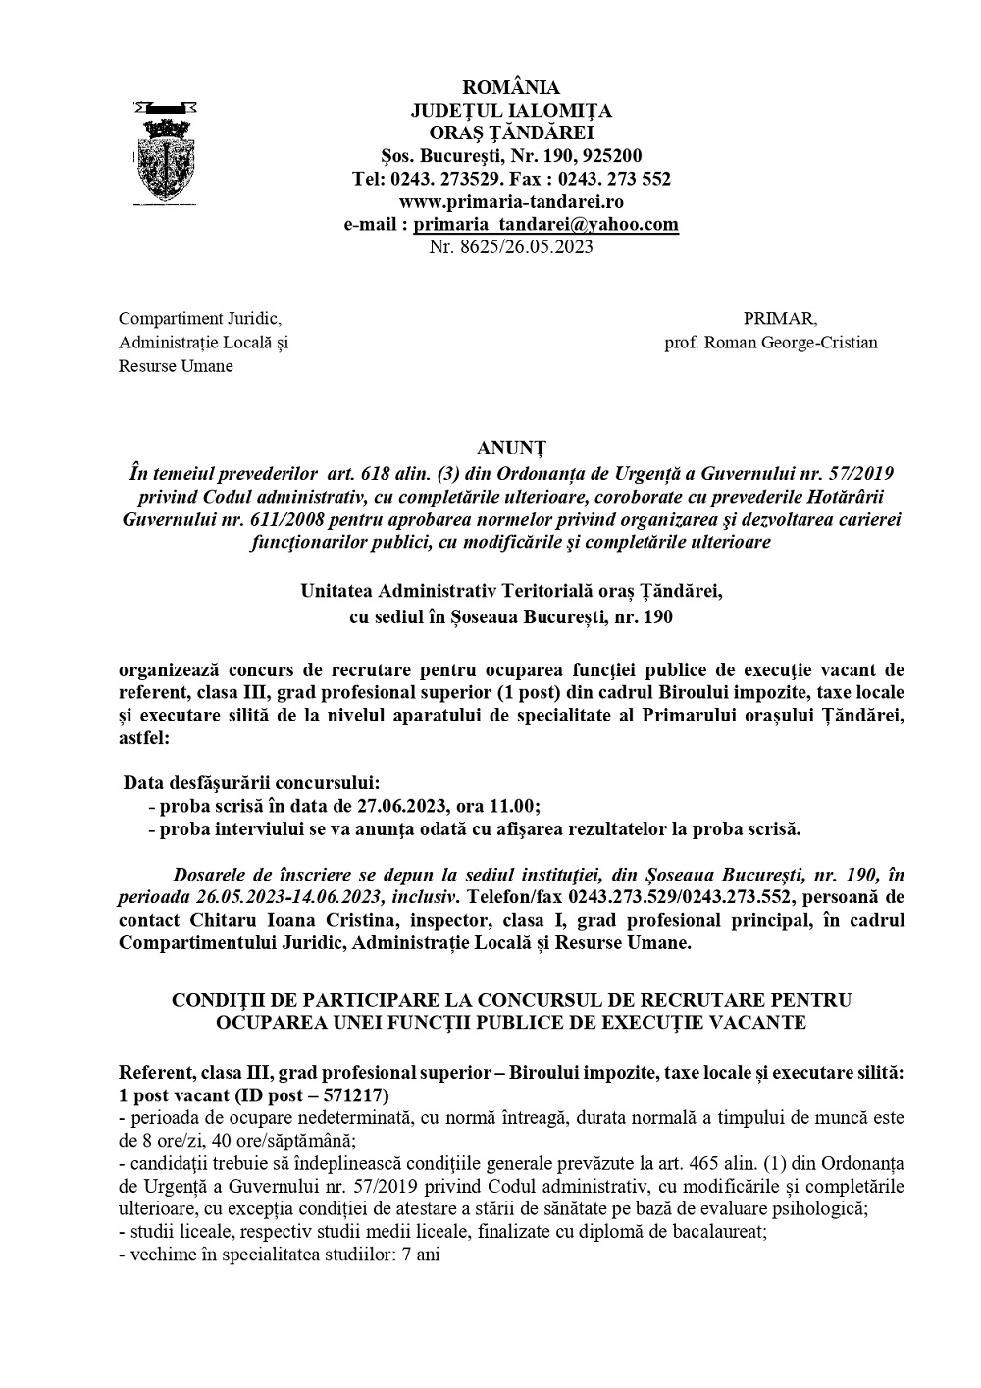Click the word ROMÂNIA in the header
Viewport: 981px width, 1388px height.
(x=510, y=88)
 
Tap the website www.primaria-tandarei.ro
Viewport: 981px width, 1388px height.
(x=511, y=201)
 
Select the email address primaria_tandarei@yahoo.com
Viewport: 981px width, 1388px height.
(x=545, y=224)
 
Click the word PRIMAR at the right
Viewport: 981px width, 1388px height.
(x=780, y=318)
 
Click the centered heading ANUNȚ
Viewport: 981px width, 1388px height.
(x=510, y=452)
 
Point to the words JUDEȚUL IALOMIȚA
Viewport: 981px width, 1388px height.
(x=510, y=111)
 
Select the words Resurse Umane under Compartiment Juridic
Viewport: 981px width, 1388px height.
(x=176, y=366)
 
